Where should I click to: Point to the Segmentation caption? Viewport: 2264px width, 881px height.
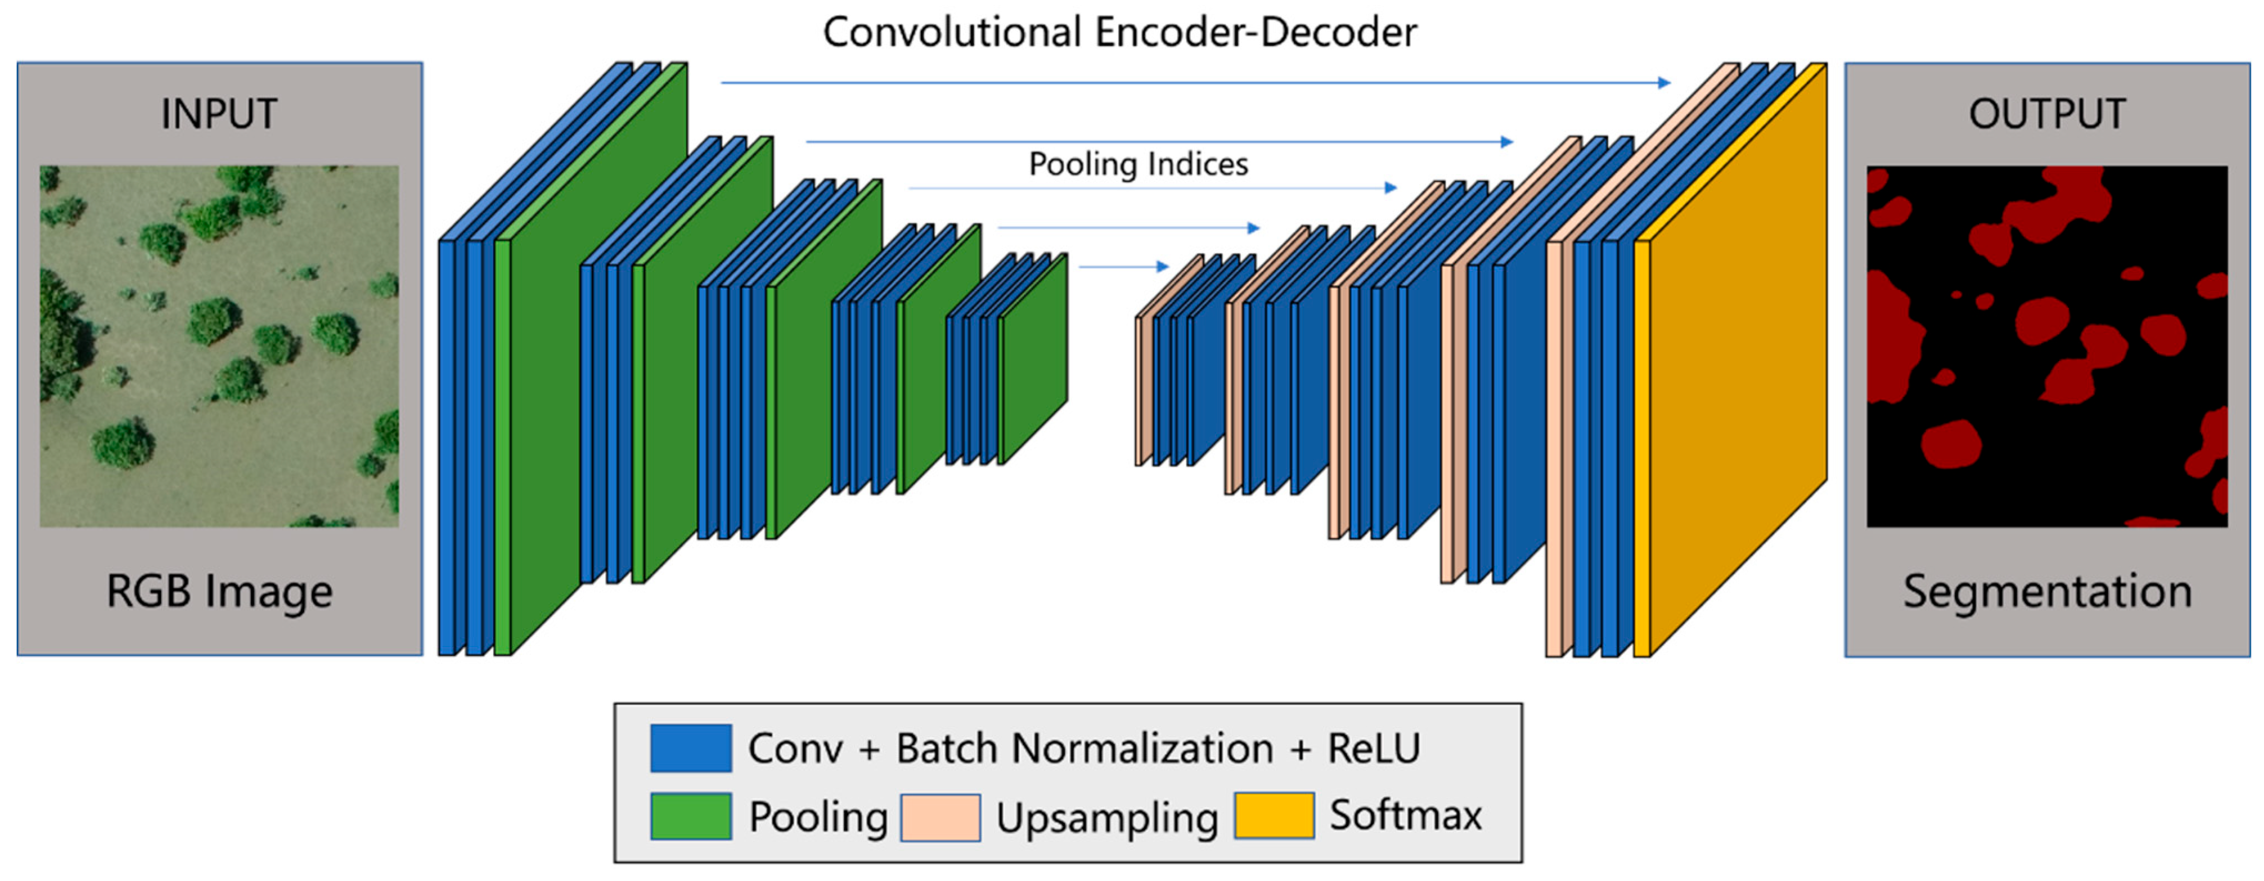coord(2047,591)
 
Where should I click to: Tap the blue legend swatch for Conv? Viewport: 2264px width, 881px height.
coord(691,748)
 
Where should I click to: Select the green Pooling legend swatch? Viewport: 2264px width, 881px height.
coord(691,816)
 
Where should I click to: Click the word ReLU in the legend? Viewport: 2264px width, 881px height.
coord(1374,748)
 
